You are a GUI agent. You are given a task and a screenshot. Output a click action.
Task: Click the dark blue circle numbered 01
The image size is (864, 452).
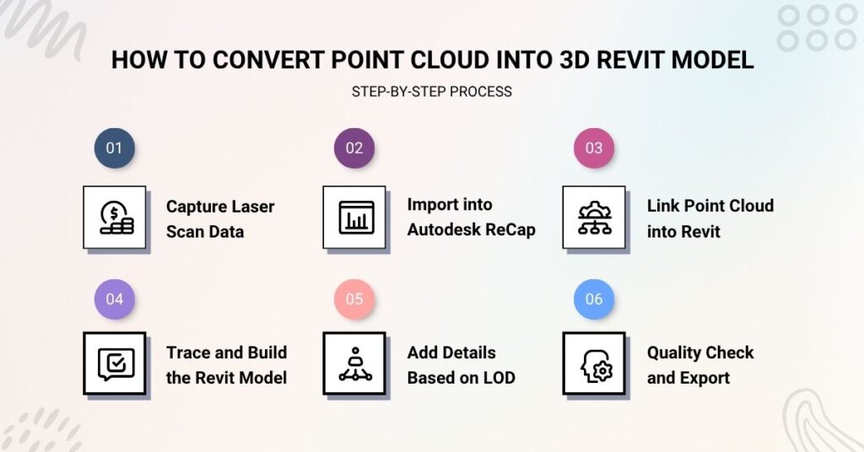click(x=114, y=148)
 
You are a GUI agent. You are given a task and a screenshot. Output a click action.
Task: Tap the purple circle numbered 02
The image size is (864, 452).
click(x=354, y=148)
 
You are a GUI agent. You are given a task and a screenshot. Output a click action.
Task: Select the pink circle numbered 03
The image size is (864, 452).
click(x=594, y=148)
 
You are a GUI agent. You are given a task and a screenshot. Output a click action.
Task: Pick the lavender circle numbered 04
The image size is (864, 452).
click(x=114, y=299)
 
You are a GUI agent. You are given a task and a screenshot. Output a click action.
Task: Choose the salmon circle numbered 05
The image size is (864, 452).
click(x=354, y=299)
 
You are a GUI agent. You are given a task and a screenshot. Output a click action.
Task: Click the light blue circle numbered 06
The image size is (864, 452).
click(x=594, y=299)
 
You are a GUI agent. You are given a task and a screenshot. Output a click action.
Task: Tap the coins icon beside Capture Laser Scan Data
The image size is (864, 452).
click(x=115, y=218)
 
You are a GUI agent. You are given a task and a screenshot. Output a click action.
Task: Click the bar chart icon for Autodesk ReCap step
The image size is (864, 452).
click(x=354, y=218)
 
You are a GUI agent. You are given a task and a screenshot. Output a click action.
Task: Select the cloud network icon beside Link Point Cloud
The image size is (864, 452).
click(x=594, y=218)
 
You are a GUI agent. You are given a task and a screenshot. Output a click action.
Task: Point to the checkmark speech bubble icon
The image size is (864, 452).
click(x=115, y=363)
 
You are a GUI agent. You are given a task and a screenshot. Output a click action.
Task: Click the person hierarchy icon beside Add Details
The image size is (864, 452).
click(x=354, y=363)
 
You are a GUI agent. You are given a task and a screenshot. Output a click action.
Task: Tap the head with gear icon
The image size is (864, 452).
click(x=594, y=363)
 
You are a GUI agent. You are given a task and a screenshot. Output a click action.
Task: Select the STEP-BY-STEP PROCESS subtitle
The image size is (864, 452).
click(x=431, y=91)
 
